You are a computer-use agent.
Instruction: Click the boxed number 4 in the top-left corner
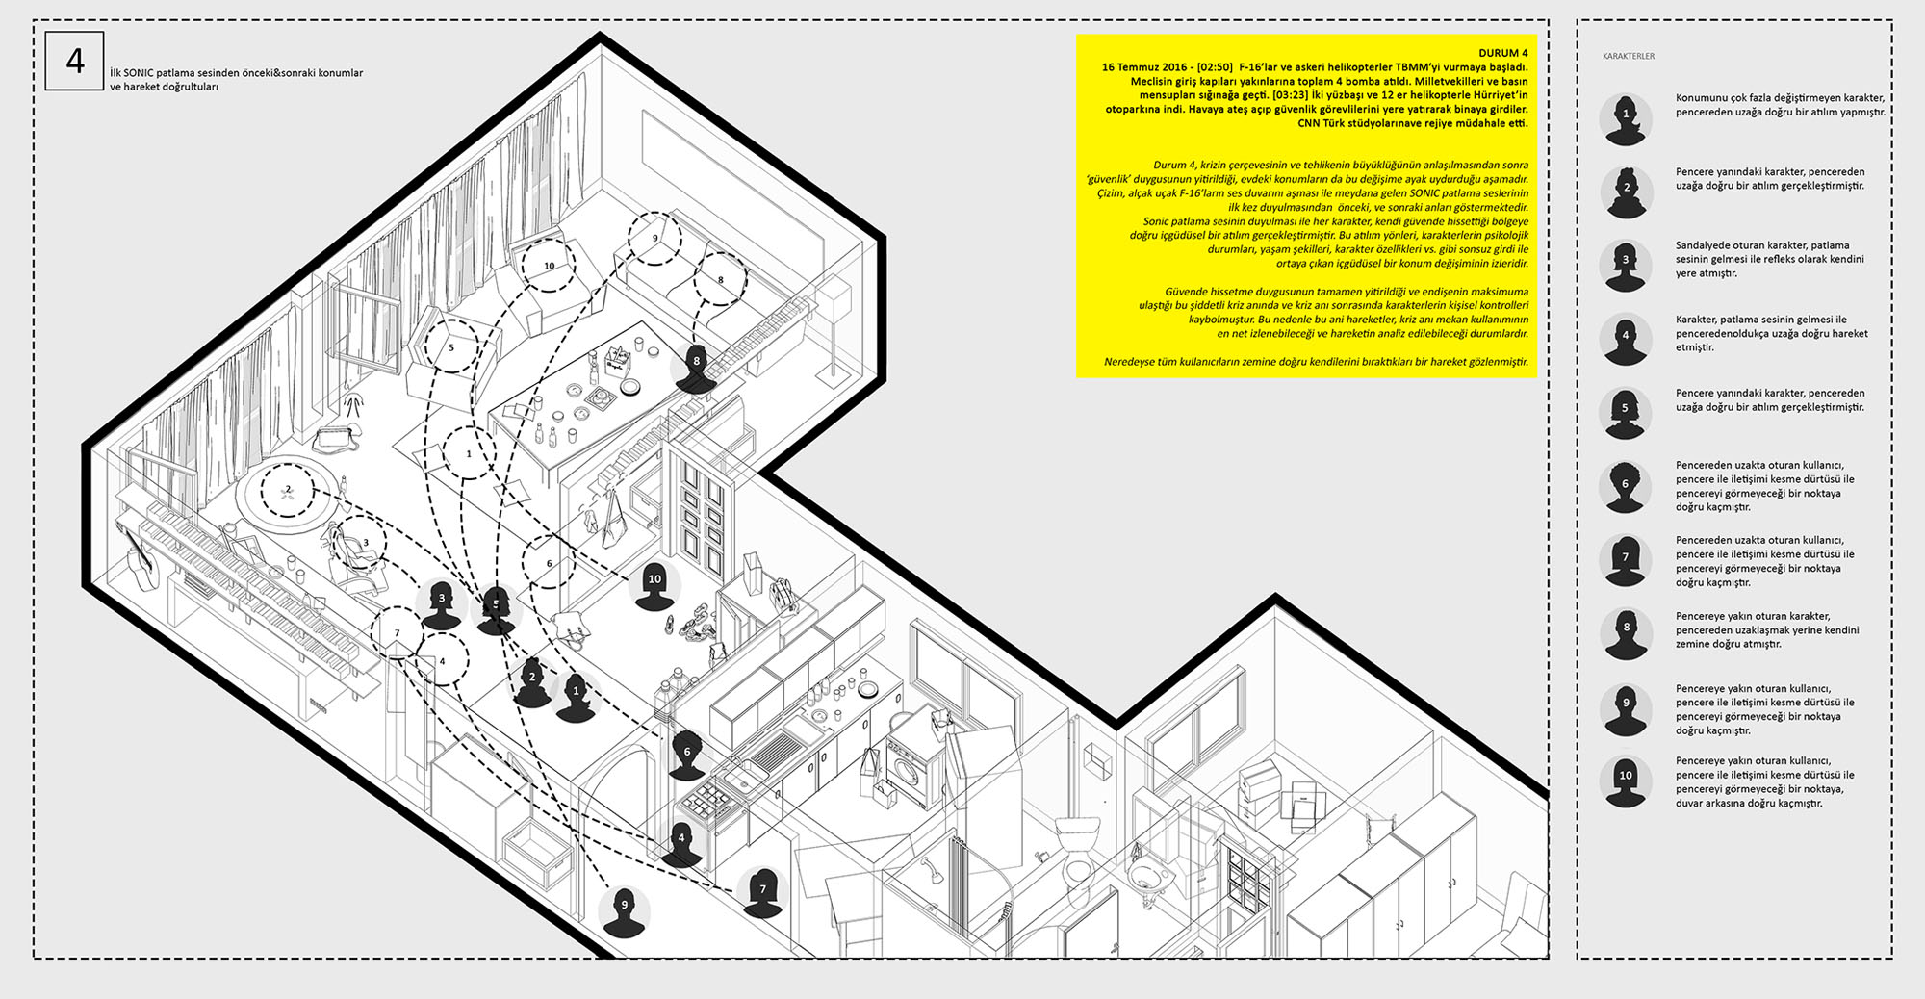(x=75, y=62)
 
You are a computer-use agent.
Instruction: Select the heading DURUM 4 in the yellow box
(x=1502, y=53)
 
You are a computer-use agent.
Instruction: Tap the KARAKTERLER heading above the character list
(x=1629, y=56)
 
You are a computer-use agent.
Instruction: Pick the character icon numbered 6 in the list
(x=1626, y=488)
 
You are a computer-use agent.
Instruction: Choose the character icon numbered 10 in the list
(x=1626, y=781)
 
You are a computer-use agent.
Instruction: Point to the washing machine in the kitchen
(x=909, y=772)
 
